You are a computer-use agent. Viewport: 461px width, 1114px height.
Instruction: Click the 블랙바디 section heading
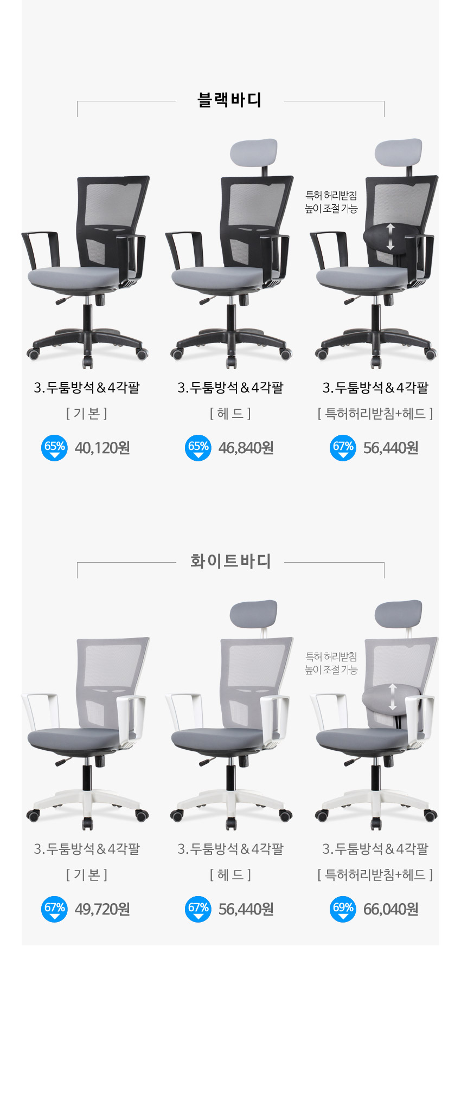tap(230, 100)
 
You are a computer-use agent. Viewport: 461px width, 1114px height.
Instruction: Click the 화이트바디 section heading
tap(230, 561)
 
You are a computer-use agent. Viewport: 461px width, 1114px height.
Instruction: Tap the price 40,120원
tap(103, 448)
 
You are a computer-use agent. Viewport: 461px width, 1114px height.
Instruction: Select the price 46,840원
tap(246, 448)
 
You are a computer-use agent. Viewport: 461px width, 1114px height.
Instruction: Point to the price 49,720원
tap(103, 909)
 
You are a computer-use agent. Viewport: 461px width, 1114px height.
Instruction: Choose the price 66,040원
tap(391, 909)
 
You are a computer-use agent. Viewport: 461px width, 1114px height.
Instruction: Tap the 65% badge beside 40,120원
tap(54, 448)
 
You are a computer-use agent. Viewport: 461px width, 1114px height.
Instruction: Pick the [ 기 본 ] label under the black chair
tap(87, 414)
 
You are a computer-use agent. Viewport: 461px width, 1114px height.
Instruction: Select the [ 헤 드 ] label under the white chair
tap(230, 874)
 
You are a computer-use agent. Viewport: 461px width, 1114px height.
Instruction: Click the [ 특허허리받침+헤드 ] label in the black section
tap(375, 414)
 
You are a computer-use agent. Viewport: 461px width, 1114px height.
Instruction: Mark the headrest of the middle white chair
tap(254, 614)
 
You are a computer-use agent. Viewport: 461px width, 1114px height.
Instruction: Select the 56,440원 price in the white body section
tap(246, 909)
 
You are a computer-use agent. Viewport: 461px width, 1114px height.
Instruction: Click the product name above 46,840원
tap(230, 388)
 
